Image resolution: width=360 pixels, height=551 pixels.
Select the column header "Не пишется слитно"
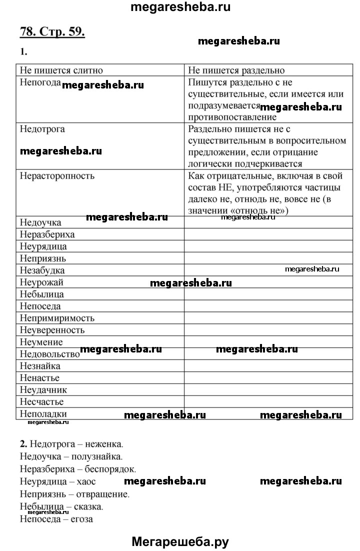coord(61,70)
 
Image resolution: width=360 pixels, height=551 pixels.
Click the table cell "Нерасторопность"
coord(57,176)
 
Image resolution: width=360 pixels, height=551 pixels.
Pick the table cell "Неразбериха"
coord(47,234)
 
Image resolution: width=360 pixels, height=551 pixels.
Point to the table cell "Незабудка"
coord(42,270)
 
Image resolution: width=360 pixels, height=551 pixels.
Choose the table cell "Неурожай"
coord(41,282)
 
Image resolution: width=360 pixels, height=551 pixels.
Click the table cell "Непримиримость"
coord(57,318)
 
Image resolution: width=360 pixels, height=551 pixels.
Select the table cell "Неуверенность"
coord(52,330)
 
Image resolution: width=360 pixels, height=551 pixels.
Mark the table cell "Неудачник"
coord(43,390)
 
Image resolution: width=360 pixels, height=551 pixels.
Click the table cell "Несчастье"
coord(42,402)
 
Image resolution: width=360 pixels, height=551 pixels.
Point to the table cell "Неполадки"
coord(43,413)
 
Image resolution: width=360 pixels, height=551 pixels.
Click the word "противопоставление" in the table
coord(232,117)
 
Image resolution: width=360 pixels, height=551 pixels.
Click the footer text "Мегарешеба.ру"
coord(180,540)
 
